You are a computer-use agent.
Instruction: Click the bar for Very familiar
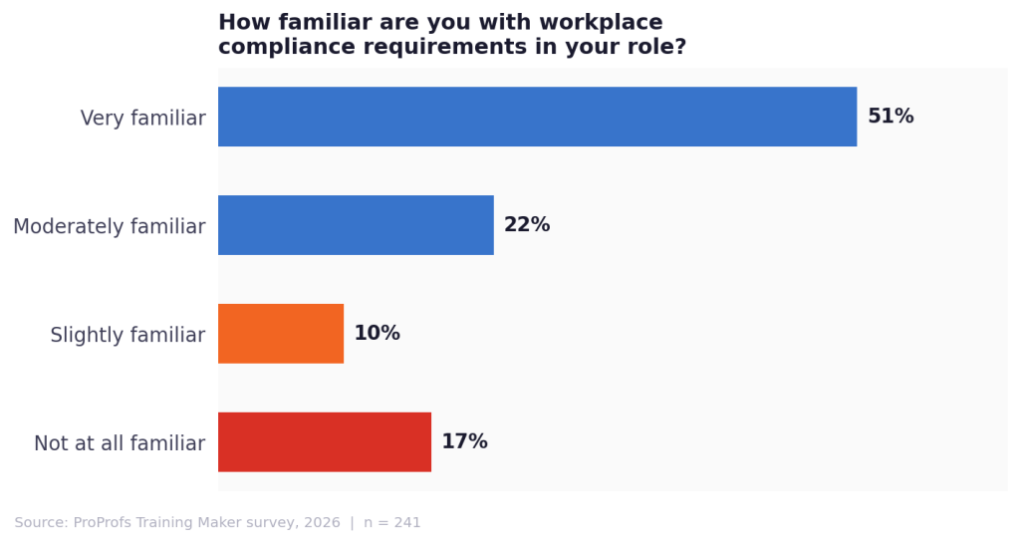537,117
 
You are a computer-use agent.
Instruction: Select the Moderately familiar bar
356,225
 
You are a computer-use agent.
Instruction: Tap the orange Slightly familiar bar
281,334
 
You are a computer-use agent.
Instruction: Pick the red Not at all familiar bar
325,442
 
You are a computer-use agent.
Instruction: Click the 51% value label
891,117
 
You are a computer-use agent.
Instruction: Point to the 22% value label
527,225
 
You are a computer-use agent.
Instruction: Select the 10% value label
377,334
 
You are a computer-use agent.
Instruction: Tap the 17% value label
464,442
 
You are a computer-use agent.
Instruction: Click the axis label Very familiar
142,119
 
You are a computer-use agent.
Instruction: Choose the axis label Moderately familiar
110,227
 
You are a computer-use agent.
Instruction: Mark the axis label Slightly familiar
127,336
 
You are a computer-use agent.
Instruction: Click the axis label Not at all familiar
120,444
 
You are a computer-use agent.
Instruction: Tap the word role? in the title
656,47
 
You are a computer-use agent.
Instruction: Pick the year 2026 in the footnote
322,523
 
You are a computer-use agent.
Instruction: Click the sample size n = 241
392,523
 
